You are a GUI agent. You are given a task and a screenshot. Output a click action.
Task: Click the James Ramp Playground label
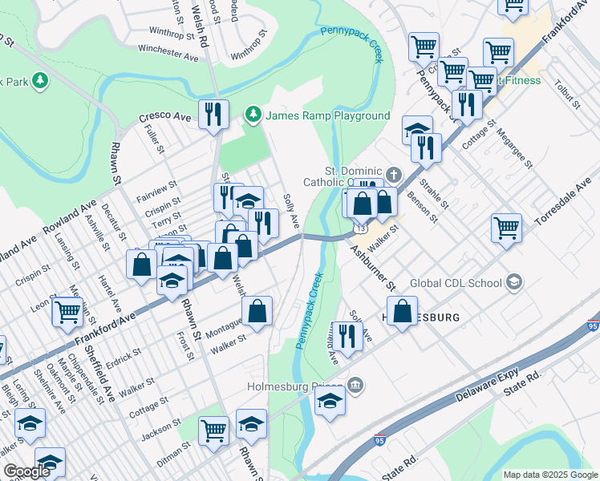327,116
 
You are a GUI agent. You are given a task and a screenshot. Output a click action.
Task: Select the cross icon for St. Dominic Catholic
393,174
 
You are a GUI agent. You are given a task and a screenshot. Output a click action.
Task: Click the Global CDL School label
455,282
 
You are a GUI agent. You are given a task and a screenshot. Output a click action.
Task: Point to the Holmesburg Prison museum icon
355,387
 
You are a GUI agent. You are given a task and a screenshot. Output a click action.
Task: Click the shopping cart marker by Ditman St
214,430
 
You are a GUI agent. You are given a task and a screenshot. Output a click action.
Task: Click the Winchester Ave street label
168,53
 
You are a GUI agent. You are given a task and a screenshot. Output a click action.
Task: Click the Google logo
26,471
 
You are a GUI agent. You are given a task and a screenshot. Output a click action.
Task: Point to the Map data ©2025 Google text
550,475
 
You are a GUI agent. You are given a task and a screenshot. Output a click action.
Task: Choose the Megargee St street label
514,148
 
